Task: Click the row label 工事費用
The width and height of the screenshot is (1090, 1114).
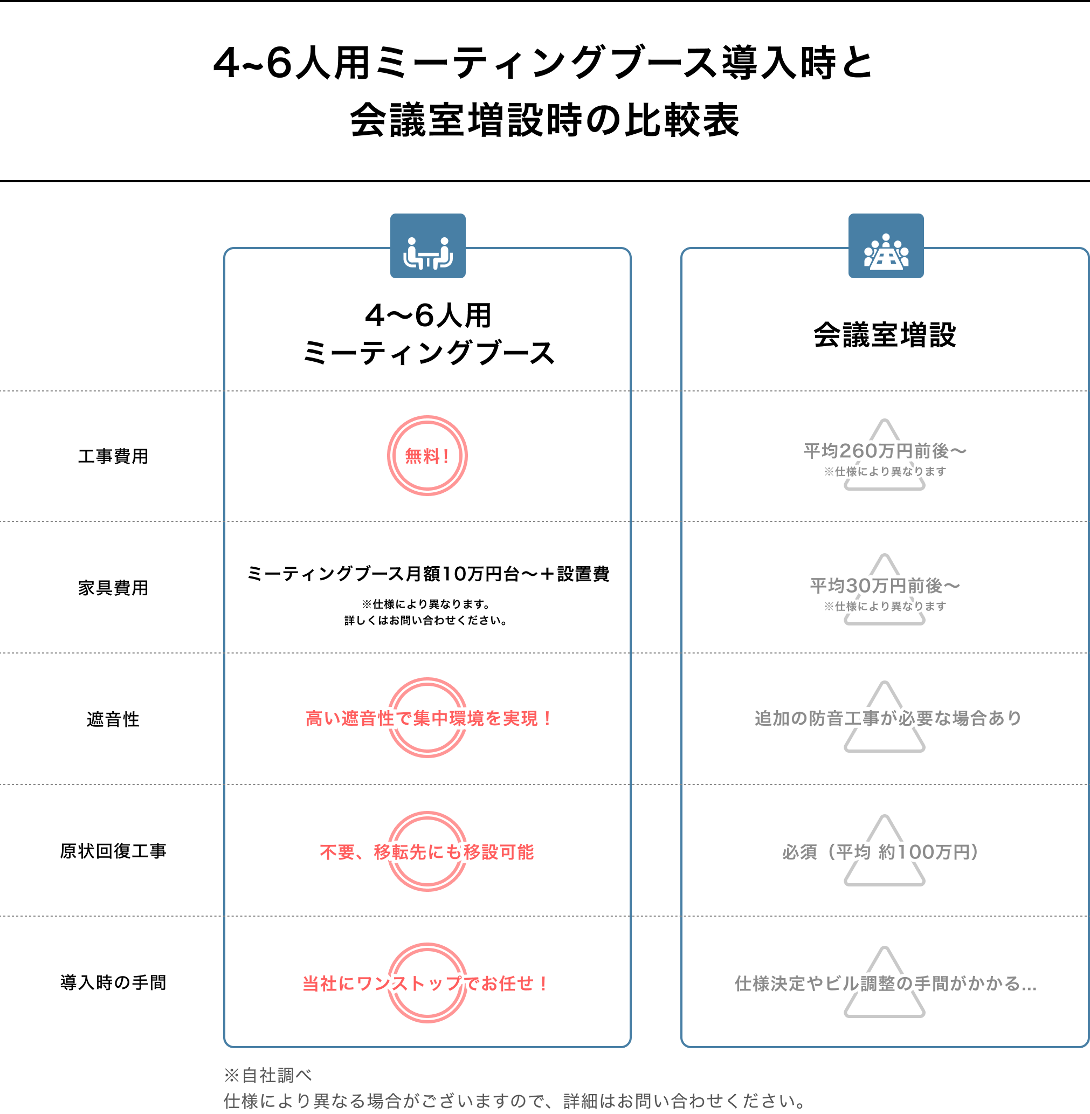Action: tap(113, 457)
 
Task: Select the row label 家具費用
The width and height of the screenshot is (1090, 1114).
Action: tap(113, 588)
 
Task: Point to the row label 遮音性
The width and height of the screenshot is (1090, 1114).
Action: tap(113, 719)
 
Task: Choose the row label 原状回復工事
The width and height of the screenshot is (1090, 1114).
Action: tap(113, 851)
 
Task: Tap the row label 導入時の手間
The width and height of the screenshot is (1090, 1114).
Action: tap(113, 983)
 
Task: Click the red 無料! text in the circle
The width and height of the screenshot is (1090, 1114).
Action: tap(427, 456)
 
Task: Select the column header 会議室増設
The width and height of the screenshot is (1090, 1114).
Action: tap(885, 335)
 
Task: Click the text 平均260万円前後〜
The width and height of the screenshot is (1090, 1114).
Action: tap(885, 451)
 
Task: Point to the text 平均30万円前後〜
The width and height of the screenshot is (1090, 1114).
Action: tap(885, 586)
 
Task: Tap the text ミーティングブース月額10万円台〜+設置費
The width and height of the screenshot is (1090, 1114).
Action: tap(427, 574)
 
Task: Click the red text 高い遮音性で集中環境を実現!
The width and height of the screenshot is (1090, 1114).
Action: tap(427, 718)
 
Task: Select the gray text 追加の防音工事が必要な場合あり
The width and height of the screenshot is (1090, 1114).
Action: tap(888, 718)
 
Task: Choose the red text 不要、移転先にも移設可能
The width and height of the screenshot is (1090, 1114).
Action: tap(427, 852)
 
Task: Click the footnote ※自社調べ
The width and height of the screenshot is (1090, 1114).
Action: tap(268, 1076)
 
